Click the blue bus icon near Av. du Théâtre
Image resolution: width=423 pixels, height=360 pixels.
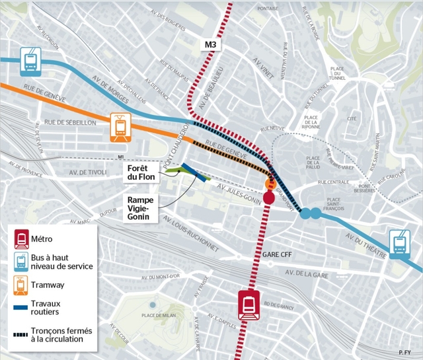(399, 242)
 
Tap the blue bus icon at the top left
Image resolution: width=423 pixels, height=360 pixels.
(30, 59)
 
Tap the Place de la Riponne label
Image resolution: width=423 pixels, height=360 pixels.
(311, 122)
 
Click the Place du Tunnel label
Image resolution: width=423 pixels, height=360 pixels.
(337, 73)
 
